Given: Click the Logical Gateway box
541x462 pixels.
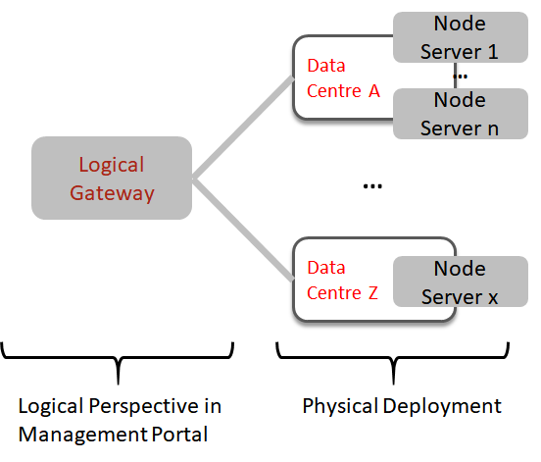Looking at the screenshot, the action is point(112,178).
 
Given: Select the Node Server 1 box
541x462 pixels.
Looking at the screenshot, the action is point(461,37).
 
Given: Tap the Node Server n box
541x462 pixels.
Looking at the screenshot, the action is point(461,114).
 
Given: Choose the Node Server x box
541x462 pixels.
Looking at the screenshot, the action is point(461,282).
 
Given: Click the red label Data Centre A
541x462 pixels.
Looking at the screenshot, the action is point(343,78).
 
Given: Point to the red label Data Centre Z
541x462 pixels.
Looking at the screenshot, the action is point(342,281).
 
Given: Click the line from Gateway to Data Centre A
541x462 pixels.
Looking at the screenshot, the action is point(243,128).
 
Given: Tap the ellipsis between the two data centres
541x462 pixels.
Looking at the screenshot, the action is point(372,186).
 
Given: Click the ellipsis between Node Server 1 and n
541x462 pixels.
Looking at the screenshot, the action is point(461,77).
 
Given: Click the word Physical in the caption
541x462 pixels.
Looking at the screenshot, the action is point(340,406).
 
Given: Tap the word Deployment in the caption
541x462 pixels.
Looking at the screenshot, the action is point(442,406).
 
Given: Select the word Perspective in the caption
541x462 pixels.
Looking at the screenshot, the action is point(143,406).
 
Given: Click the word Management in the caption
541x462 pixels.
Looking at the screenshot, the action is point(83,435).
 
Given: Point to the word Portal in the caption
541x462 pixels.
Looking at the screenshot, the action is point(179,434).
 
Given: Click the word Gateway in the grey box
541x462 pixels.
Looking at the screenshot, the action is point(112,193).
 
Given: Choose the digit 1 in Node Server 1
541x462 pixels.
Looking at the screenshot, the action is point(493,52).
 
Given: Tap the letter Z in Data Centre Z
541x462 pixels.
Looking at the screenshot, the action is point(373,293).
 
